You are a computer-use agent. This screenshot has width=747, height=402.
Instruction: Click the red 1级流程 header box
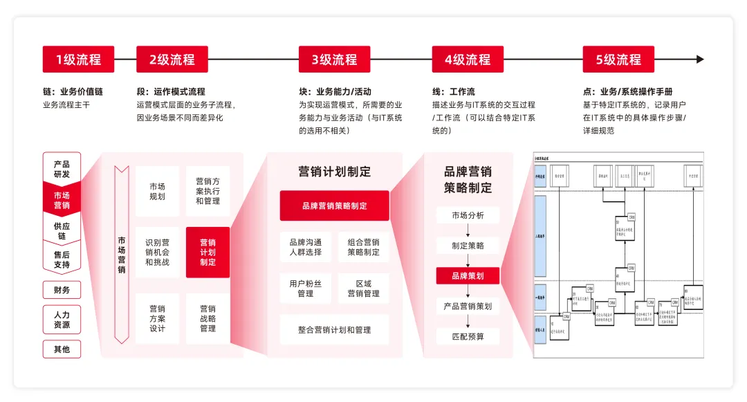point(78,60)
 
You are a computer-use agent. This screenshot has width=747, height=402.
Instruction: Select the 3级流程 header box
point(334,60)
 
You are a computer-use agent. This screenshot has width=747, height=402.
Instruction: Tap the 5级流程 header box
point(618,60)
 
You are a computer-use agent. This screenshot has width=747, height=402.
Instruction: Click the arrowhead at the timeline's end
point(700,60)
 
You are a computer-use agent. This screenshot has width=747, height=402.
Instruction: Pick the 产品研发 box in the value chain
point(62,169)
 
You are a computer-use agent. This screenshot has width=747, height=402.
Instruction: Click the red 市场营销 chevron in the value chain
point(62,200)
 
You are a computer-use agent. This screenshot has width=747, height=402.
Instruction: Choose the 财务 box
point(62,290)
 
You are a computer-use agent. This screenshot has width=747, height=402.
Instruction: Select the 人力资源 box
point(62,320)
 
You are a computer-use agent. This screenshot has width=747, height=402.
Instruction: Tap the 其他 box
point(62,349)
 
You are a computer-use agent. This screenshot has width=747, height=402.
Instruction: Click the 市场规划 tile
point(157,191)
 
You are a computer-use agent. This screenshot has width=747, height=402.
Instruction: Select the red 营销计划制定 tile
point(207,253)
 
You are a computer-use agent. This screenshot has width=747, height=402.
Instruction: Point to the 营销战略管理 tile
point(207,318)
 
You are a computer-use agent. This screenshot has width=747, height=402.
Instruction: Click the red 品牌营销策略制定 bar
point(334,205)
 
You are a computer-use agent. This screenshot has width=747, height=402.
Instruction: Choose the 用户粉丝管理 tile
point(305,289)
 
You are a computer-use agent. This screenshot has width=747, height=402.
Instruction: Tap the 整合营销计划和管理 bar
point(334,330)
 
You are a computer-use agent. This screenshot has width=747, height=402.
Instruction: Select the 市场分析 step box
point(468,215)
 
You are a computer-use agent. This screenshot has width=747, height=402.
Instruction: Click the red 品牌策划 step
point(468,275)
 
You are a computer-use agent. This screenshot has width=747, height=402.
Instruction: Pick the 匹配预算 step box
point(468,336)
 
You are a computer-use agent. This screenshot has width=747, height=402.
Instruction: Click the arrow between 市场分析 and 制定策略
point(468,230)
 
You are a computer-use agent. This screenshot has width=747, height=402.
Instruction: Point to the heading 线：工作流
point(453,91)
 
